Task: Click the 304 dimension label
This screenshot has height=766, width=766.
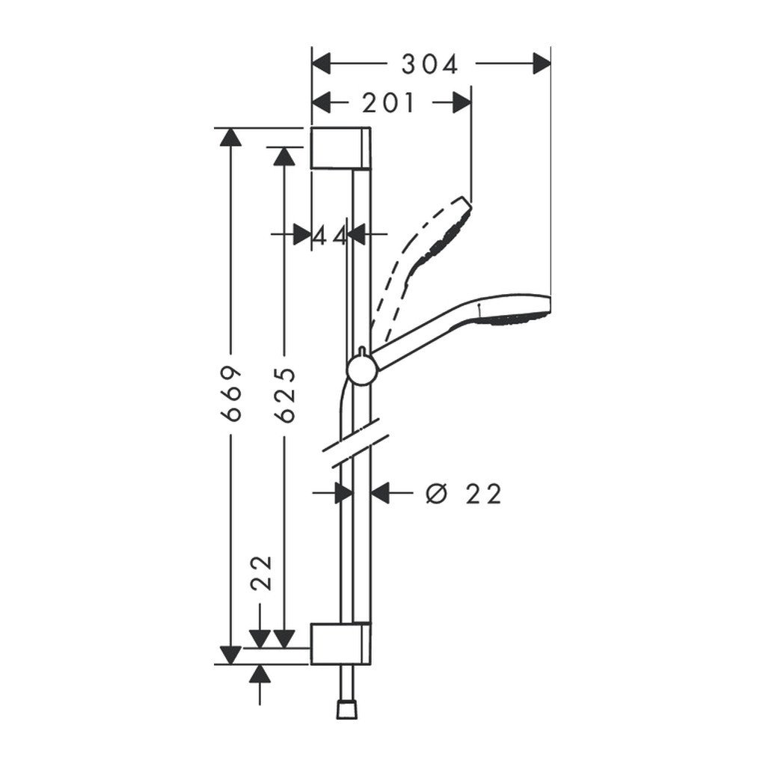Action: (429, 65)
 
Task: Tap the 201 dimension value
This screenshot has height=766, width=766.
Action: (388, 103)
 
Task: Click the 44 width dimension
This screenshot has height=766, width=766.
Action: (330, 236)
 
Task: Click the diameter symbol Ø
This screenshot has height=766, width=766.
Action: (435, 494)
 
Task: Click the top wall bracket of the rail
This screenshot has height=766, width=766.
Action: (340, 147)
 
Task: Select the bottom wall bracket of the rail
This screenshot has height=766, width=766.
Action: (340, 643)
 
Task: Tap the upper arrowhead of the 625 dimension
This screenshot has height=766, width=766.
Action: (284, 155)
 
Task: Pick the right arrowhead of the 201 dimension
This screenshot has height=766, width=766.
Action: (462, 103)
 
